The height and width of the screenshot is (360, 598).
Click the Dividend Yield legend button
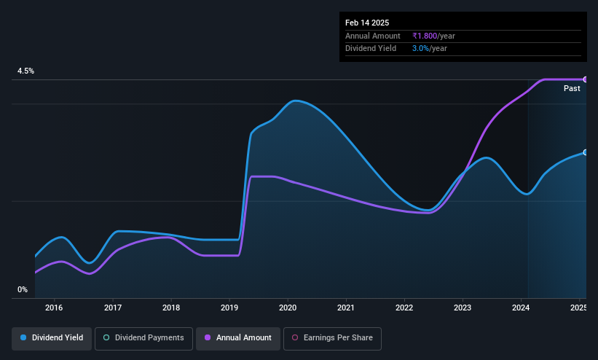pos(52,338)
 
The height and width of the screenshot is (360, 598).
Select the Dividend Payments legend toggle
pos(143,338)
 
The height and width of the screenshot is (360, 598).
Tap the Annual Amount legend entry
pos(238,338)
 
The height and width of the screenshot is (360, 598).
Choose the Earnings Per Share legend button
pos(332,338)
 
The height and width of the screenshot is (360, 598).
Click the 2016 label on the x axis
pos(54,308)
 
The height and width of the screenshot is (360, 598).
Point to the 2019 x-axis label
pos(229,308)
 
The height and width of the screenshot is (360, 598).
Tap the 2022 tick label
pos(404,308)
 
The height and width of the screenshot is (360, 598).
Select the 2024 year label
pos(521,308)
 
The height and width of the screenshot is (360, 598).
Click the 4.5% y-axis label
pos(25,71)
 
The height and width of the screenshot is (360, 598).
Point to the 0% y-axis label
pos(23,290)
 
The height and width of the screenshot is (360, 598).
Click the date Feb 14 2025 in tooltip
pos(367,23)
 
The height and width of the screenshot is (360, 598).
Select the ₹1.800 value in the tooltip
pos(425,36)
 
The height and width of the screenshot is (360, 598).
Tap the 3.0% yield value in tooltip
pos(420,49)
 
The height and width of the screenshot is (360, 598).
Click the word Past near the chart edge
pos(572,89)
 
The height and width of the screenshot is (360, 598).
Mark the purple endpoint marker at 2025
pos(586,79)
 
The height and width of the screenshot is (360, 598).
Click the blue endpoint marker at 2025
pos(586,152)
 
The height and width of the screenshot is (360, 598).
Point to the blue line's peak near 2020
pos(296,101)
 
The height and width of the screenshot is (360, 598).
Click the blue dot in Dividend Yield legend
pos(23,338)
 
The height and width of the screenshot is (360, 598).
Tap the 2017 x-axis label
pos(113,308)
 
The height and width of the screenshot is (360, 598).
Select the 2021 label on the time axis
pos(346,308)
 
